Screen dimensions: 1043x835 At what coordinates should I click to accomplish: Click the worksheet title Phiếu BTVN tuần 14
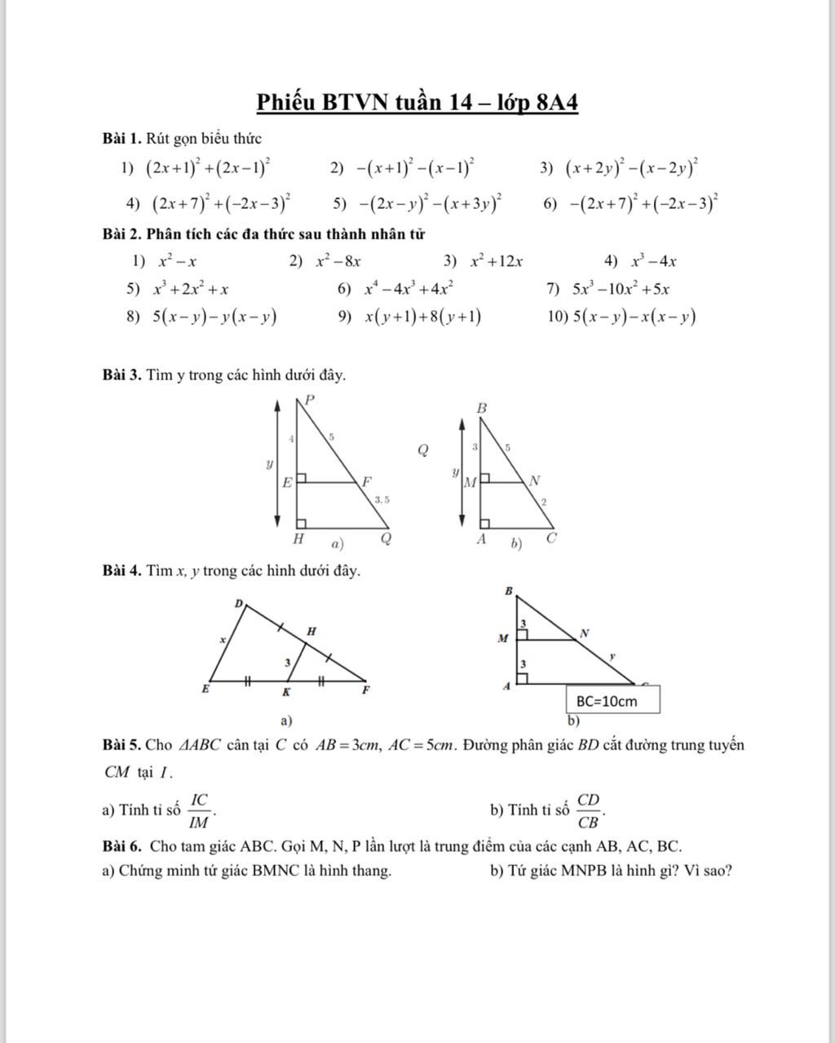click(x=417, y=104)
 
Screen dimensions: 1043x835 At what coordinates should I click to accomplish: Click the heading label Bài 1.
click(x=122, y=139)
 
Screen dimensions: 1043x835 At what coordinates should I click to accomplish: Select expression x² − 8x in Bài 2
click(x=338, y=262)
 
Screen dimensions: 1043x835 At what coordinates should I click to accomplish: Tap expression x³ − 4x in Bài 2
click(x=654, y=262)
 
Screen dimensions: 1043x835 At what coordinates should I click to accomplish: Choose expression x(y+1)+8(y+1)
click(x=422, y=317)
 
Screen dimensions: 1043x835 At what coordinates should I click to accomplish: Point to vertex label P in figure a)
click(x=309, y=400)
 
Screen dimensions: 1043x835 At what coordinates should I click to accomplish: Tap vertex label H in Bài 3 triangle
click(x=299, y=539)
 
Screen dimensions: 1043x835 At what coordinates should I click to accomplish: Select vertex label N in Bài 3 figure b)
click(x=535, y=481)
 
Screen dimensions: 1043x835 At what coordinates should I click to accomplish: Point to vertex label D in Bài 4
click(x=239, y=603)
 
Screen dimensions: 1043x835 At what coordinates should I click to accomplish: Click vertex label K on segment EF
click(x=286, y=692)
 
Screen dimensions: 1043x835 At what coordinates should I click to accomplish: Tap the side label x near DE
click(x=222, y=641)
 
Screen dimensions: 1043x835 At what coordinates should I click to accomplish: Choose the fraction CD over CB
click(x=589, y=810)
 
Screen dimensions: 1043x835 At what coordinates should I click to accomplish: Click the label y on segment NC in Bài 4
click(x=612, y=655)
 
